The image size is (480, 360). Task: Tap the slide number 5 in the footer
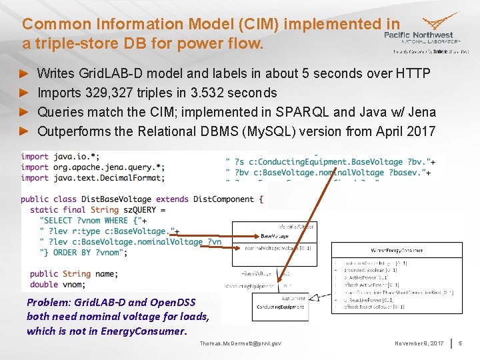coord(459,343)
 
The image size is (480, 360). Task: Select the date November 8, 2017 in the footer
coord(419,343)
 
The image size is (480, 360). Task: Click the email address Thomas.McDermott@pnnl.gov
coord(240,343)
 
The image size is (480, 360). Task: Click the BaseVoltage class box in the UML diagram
coord(275,237)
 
